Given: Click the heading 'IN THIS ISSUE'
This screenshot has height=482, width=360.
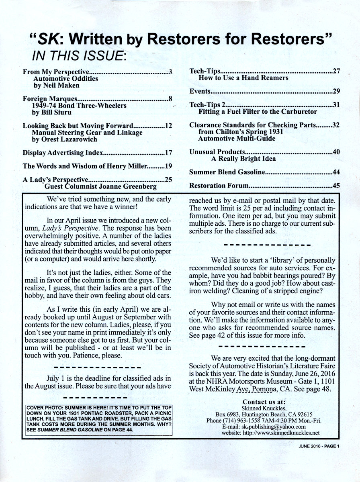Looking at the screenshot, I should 79,55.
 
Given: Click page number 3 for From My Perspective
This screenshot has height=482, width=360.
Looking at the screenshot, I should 170,72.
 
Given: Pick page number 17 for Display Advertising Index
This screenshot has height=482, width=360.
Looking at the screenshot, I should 168,153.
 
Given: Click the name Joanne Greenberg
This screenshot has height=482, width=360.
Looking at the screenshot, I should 130,186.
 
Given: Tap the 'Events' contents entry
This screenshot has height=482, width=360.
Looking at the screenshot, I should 199,92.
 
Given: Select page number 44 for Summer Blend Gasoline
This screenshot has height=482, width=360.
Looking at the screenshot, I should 336,172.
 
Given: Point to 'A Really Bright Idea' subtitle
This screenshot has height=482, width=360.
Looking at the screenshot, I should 241,159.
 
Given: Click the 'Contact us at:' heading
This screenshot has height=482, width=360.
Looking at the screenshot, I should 264,402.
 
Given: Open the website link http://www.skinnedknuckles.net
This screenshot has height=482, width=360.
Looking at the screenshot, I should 278,433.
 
